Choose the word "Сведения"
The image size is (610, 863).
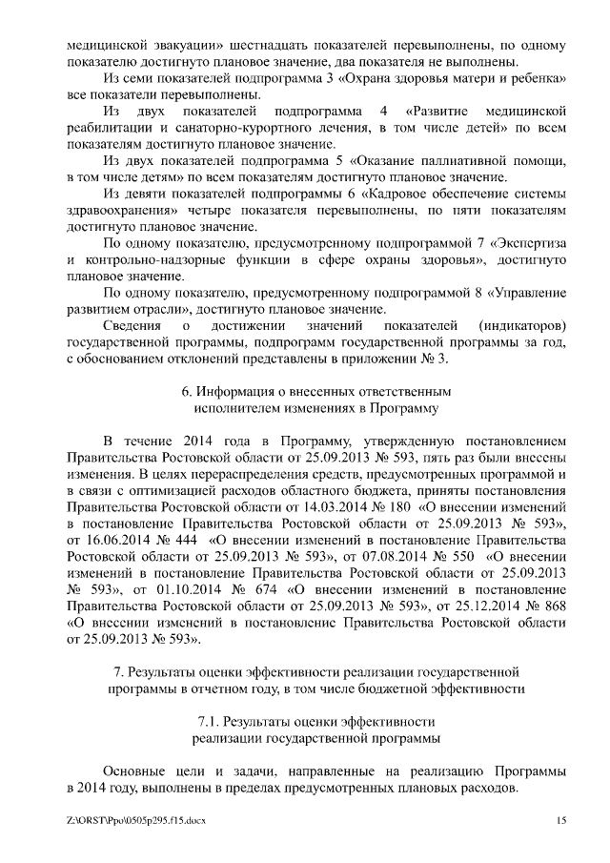pyautogui.click(x=133, y=326)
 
